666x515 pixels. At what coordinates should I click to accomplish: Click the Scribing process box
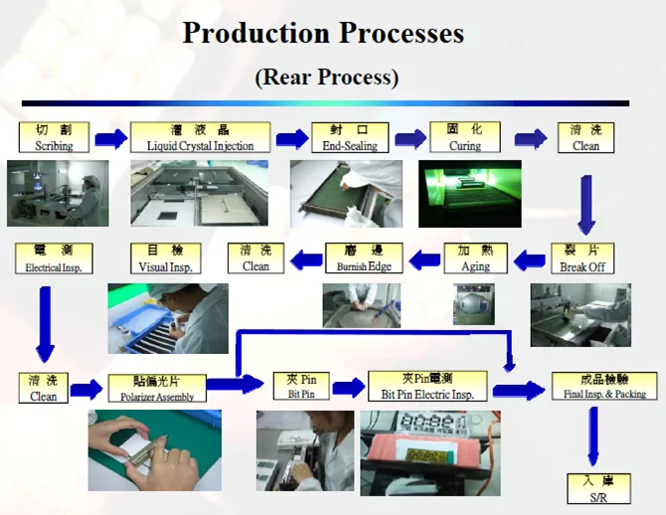coord(54,137)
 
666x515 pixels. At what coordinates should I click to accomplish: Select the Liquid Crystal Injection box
coord(200,137)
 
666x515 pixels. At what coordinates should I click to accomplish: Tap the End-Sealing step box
coord(350,137)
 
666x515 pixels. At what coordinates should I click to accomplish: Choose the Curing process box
coord(465,137)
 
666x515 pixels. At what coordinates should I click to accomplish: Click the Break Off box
coord(583,258)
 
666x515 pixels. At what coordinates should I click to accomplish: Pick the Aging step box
coord(476,258)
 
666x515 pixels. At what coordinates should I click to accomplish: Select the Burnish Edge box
coord(364,258)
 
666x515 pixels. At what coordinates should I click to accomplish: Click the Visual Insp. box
coord(166,258)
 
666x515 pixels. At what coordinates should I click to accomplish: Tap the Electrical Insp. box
coord(54,258)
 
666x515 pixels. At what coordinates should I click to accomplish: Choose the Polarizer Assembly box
coord(157,388)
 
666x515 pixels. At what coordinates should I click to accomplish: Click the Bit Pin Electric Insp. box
coord(427,386)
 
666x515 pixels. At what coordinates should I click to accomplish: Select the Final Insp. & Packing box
coord(604,386)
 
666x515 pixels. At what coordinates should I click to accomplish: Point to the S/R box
coord(598,489)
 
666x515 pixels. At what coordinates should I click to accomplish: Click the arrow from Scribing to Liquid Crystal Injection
coord(111,138)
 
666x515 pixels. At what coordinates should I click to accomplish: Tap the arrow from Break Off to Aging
coord(530,260)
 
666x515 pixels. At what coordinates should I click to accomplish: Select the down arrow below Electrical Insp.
coord(45,324)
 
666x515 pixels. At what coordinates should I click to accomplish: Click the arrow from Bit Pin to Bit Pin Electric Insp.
coord(348,387)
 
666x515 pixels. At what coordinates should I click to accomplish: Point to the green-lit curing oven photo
coord(470,194)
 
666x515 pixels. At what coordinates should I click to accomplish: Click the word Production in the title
coord(256,33)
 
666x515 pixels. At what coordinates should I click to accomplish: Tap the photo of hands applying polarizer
coord(155,450)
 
